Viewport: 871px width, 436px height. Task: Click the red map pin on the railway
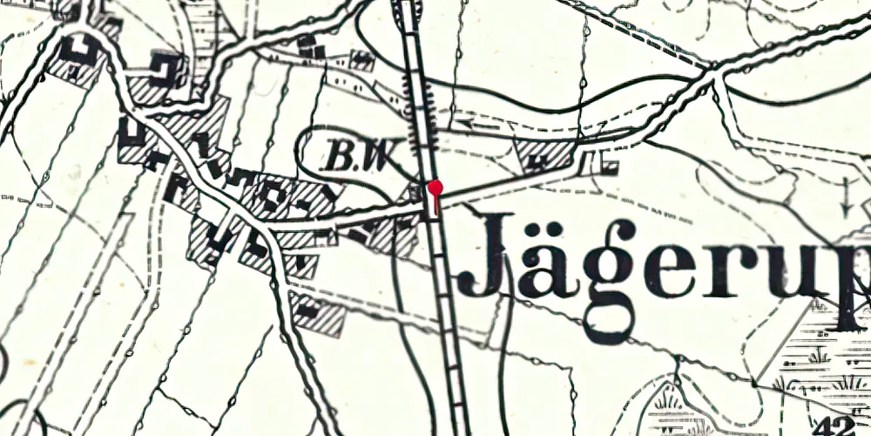pyautogui.click(x=435, y=187)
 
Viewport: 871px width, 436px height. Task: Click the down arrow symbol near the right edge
pyautogui.click(x=847, y=197)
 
